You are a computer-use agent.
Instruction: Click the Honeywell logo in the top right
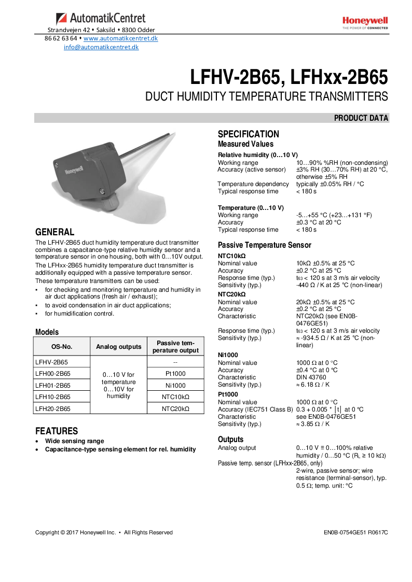tap(365, 23)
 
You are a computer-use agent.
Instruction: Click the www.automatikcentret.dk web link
tap(120, 38)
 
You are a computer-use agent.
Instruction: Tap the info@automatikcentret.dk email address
tap(101, 47)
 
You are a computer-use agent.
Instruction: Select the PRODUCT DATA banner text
tap(361, 118)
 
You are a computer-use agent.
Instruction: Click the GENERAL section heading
tap(54, 232)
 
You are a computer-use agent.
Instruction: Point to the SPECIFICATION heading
tap(248, 134)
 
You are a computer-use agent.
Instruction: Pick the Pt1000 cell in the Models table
tap(175, 373)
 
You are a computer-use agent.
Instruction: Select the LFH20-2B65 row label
tap(53, 408)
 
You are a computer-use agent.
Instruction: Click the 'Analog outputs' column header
tap(118, 347)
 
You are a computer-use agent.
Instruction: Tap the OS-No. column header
tap(62, 347)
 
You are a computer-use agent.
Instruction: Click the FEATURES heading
tap(57, 431)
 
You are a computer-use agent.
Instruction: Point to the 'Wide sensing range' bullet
tap(74, 441)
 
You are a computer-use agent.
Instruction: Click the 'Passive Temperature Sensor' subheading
tap(264, 245)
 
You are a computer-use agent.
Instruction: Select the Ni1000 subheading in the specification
tap(228, 355)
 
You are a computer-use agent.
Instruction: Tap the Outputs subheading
tap(230, 439)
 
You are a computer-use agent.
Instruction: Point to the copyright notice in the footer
tap(104, 532)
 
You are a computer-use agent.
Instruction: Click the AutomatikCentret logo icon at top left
tap(61, 19)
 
